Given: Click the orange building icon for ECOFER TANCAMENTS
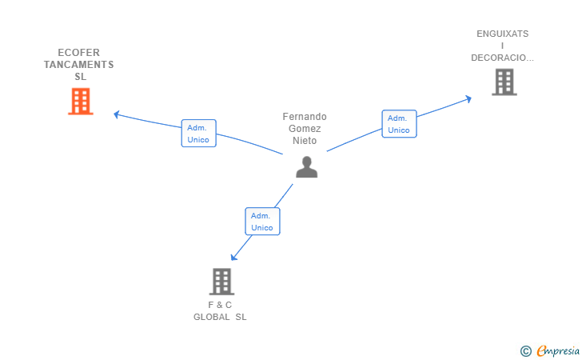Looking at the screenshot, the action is click(81, 102).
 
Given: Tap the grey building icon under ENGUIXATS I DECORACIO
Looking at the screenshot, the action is click(504, 82).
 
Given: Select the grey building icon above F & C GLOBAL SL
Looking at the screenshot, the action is click(221, 282).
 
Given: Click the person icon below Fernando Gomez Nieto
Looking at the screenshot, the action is click(307, 167).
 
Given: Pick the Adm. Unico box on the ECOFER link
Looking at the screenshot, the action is click(198, 134).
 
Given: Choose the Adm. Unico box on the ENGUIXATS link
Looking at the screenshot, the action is click(400, 124).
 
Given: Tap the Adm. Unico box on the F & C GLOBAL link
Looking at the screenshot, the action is click(262, 222).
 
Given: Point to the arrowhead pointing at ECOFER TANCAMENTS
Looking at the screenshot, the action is click(116, 114).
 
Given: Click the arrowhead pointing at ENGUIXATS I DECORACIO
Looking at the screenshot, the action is click(468, 99).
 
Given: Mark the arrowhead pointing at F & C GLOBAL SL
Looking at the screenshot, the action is click(233, 257).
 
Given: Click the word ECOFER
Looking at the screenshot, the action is click(78, 52).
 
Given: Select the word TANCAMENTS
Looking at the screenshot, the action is click(78, 65).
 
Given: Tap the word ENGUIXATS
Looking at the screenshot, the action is click(503, 34).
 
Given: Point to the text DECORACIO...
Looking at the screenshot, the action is click(502, 58).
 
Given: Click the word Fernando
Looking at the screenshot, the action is click(305, 117).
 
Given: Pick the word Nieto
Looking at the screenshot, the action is click(305, 141).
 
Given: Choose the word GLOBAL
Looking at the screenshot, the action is click(212, 317).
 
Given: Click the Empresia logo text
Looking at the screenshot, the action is click(558, 350).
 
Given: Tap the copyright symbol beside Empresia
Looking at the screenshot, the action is click(525, 351).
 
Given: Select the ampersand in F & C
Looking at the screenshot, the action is click(219, 305).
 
